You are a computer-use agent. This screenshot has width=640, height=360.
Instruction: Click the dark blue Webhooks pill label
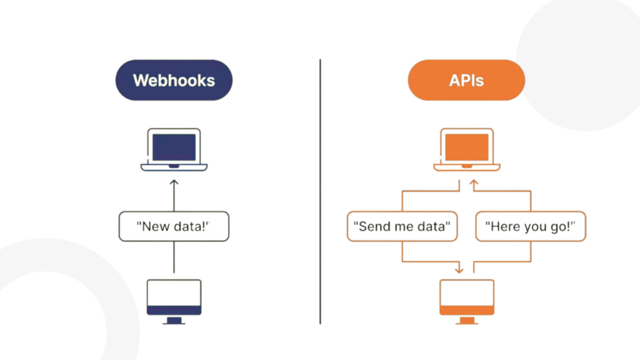point(174,80)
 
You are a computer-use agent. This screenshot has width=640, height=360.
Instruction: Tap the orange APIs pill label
point(466,80)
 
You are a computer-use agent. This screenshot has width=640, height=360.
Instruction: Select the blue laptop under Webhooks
point(174,149)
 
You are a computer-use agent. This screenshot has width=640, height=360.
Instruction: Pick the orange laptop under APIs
point(467,149)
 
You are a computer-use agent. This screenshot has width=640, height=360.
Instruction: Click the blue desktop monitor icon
point(174,302)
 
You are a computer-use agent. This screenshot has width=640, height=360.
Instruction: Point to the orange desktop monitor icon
point(467,302)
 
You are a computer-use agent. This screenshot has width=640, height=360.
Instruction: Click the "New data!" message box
point(174,226)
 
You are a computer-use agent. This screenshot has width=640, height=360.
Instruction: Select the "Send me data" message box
point(402,226)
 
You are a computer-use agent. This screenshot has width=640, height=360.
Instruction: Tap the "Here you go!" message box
point(531,226)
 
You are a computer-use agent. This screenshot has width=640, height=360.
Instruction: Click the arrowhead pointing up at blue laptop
point(174,182)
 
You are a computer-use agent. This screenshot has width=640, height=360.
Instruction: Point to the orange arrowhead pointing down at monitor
point(459,270)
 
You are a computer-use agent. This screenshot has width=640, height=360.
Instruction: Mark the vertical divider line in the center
point(321,192)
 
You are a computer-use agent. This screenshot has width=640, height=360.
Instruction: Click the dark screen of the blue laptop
point(174,147)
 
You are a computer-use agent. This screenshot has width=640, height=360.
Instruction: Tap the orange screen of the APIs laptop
point(467,147)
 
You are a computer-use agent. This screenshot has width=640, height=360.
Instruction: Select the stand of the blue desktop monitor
point(174,321)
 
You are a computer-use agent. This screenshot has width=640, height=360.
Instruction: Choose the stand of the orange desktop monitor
point(467,321)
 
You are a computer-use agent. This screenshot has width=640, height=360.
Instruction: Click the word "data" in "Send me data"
point(432,226)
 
